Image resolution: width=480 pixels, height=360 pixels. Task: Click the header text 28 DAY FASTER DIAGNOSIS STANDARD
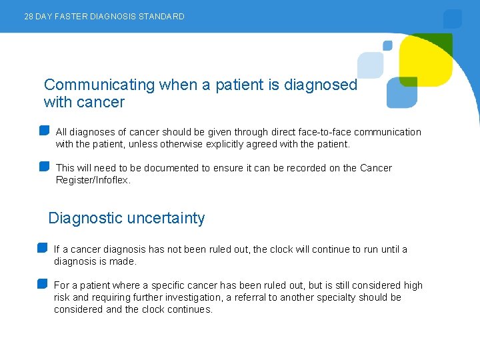104,16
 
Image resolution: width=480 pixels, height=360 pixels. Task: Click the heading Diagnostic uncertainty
127,218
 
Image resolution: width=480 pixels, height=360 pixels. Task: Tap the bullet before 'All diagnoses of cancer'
45,130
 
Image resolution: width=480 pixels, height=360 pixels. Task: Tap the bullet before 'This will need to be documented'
45,166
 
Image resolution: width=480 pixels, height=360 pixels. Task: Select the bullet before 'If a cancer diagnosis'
43,247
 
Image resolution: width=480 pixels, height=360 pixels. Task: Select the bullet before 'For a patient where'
43,283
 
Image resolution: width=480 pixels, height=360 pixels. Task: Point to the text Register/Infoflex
93,180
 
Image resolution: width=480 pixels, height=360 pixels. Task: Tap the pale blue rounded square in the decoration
370,65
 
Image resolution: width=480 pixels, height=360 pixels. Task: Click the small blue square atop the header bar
453,18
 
